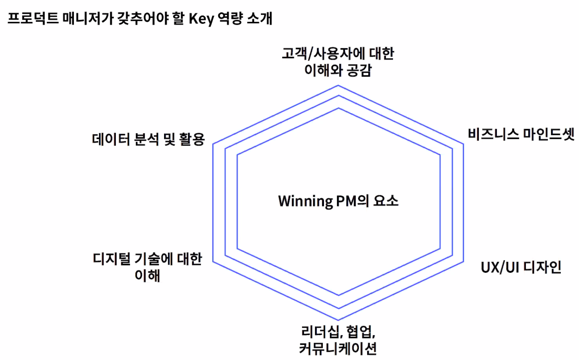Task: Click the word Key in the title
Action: [201, 19]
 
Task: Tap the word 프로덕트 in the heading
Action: [33, 18]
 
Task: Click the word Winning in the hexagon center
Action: [305, 201]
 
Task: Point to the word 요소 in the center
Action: [386, 201]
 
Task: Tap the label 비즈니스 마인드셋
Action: [521, 134]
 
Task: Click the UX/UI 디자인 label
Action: [521, 267]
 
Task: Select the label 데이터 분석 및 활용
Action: [148, 139]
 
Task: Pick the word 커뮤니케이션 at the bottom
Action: [338, 348]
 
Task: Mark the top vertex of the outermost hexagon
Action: [338, 86]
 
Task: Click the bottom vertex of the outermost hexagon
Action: [338, 320]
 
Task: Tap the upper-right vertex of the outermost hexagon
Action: [464, 144]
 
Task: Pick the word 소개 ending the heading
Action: [259, 18]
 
